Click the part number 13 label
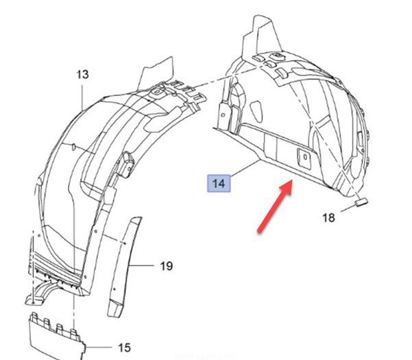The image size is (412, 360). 82,73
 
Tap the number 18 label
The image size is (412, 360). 328,217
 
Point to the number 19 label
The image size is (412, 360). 166,265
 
